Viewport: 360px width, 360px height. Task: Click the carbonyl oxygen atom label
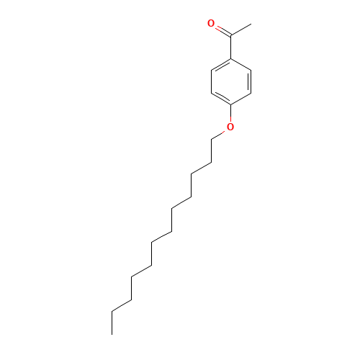(211, 24)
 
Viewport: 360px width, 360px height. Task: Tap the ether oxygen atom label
(230, 127)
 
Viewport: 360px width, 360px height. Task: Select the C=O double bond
(221, 30)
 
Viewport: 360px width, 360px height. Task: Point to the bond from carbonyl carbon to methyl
(240, 30)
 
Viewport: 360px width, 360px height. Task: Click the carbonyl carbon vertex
(231, 35)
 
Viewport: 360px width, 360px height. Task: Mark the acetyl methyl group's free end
(251, 24)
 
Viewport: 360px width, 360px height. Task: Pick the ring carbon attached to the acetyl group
(231, 58)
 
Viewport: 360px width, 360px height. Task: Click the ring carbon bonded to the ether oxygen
(231, 104)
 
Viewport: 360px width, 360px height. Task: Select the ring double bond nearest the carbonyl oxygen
(222, 64)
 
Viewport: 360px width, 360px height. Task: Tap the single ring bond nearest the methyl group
(241, 64)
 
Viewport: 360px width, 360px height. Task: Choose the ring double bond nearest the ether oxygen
(222, 99)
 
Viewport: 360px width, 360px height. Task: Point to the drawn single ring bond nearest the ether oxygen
(241, 99)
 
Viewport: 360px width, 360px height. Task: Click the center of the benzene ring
(231, 81)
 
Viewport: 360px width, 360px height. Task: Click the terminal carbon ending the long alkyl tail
(113, 311)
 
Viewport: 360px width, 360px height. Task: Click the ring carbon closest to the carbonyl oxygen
(212, 70)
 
